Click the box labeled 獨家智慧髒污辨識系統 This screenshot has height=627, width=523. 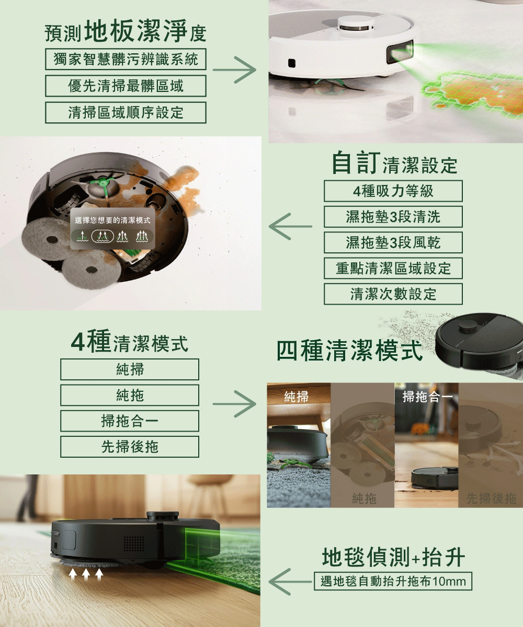coord(126,59)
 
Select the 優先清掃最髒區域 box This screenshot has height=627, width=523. coord(126,86)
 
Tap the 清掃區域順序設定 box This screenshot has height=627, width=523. coord(126,113)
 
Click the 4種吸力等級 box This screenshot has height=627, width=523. coord(393,191)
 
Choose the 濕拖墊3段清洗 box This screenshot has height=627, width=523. coord(393,217)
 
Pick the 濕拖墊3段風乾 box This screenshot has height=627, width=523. coord(393,242)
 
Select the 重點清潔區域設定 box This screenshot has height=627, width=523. coord(393,268)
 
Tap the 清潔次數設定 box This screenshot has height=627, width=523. coord(393,294)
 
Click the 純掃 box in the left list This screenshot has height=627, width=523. coord(130,369)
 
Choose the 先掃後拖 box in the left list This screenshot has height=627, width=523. coord(130,447)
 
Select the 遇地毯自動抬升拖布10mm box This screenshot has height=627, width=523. coord(393,581)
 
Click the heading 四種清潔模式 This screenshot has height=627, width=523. coord(349,351)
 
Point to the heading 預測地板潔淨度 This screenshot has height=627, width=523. coord(126,31)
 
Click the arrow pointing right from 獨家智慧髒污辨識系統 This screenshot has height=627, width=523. coord(234,70)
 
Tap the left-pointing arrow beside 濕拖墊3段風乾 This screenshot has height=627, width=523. coord(290,226)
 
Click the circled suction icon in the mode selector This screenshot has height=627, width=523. coord(103,236)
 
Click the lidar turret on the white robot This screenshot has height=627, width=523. coord(357,24)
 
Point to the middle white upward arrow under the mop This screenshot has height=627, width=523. coord(86,574)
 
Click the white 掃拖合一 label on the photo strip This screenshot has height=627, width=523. coord(427,397)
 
